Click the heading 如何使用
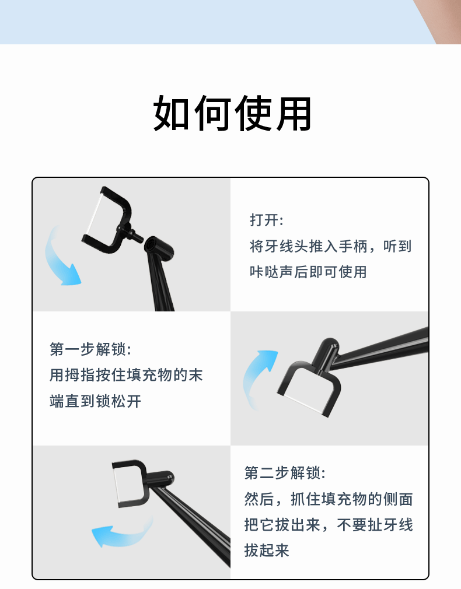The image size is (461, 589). (232, 113)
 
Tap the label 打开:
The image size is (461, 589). (267, 220)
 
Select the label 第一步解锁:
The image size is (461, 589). (90, 349)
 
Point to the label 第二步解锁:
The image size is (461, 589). (285, 472)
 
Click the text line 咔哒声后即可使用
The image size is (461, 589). (308, 272)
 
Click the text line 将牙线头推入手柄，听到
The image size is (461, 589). (330, 246)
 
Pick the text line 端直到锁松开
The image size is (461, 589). (96, 401)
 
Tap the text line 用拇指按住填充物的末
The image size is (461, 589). (126, 375)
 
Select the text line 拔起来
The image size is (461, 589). (267, 551)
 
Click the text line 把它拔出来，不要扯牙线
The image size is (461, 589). (329, 524)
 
